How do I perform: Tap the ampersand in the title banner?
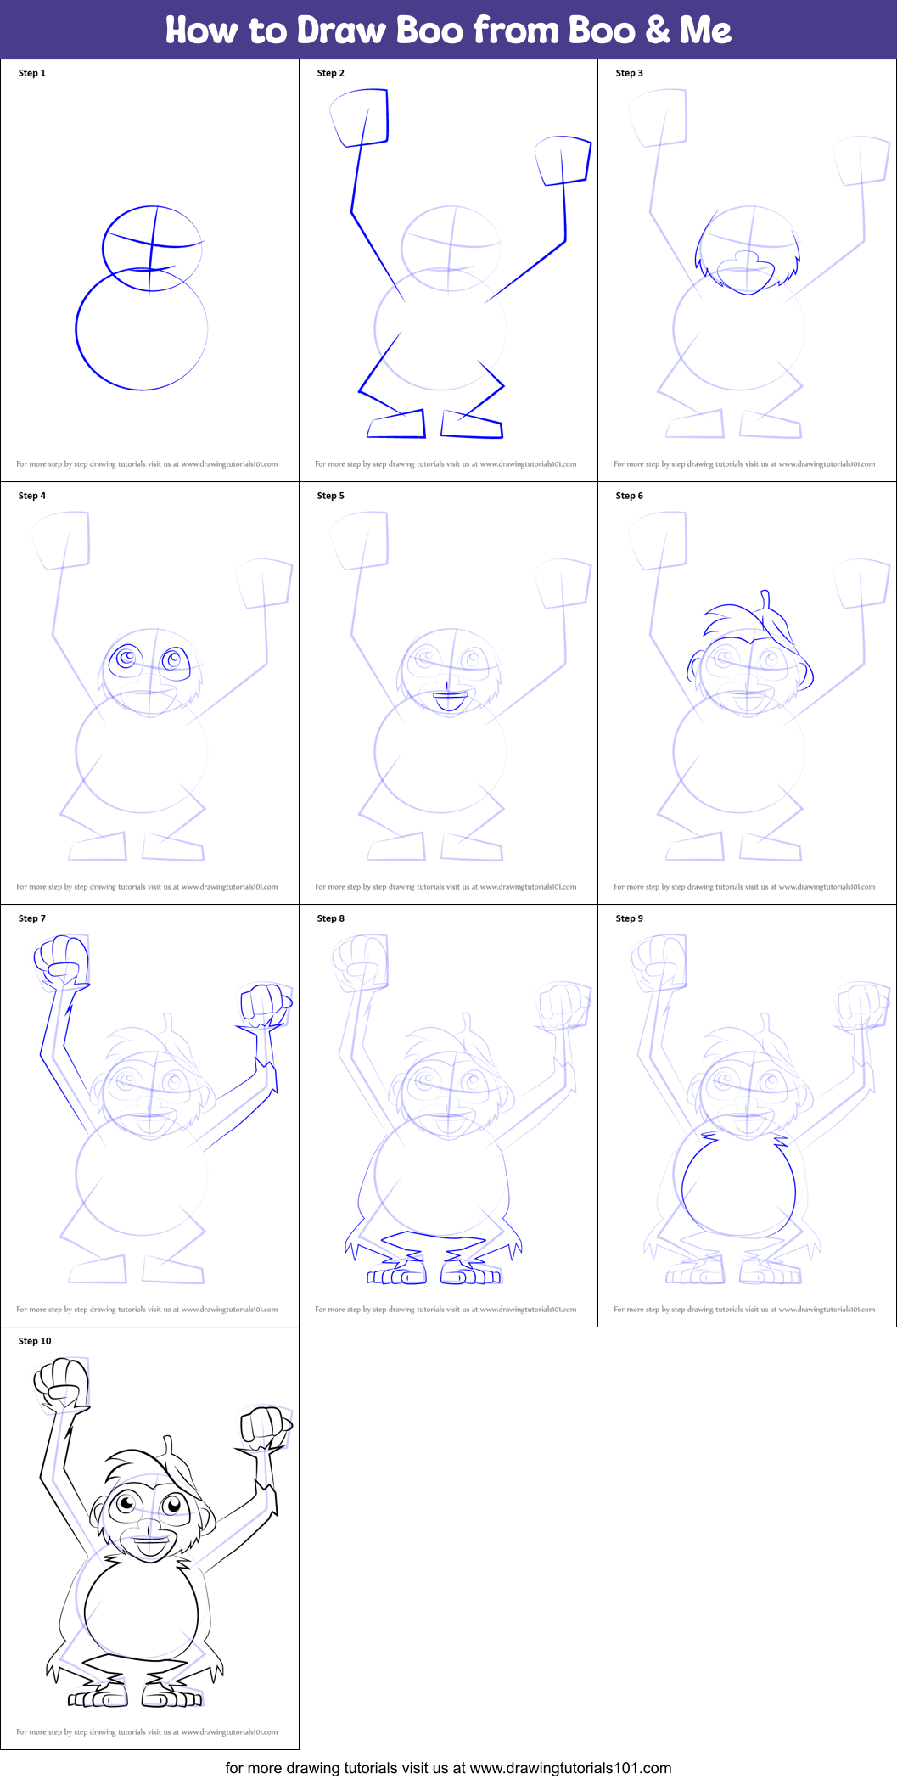pos(658,31)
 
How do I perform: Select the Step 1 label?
pos(32,73)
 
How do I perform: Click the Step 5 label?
pos(331,496)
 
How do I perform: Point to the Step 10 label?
pos(35,1341)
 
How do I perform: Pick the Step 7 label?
pos(32,918)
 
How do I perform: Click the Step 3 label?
pos(630,73)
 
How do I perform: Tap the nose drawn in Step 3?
pos(748,258)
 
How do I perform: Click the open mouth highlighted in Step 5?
pos(449,701)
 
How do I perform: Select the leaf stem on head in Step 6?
pos(765,599)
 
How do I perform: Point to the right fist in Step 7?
pos(265,1003)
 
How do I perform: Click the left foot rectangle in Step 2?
pos(396,424)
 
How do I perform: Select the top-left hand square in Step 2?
pos(360,117)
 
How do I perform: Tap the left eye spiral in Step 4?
pos(126,659)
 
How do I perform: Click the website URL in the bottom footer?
pos(570,1768)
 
